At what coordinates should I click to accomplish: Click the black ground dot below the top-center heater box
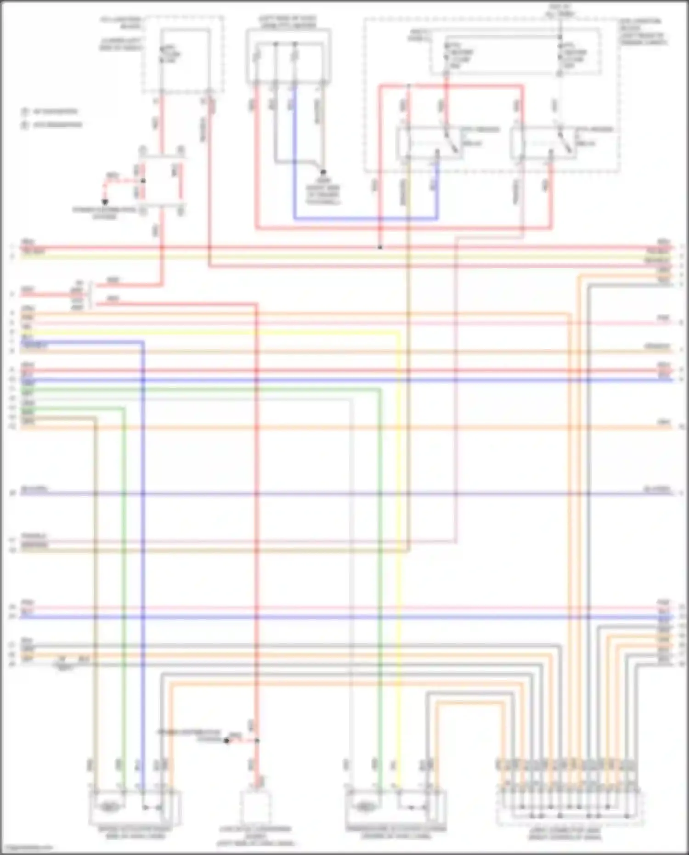323,172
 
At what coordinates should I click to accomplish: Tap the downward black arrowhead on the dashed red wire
105,202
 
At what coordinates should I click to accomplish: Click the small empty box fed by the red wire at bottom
256,808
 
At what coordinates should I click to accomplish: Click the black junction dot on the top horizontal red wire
380,248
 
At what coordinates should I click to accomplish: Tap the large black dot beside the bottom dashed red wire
226,741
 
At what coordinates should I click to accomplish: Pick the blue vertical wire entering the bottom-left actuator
143,597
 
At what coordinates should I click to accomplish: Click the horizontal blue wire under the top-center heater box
365,219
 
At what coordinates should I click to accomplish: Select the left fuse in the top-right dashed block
446,55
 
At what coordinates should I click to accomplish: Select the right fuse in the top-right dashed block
560,55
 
